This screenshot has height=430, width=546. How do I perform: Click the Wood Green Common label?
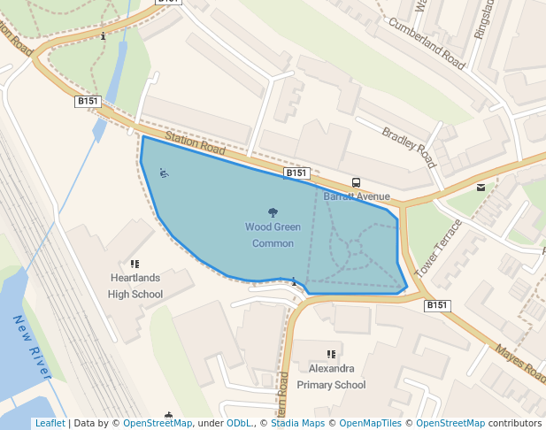pos(273,235)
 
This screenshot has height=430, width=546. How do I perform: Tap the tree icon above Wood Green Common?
pos(273,211)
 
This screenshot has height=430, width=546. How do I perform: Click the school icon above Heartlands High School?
pos(135,264)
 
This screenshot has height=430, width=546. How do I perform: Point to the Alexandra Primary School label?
pos(331,377)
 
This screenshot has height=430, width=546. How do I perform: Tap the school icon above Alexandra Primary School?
pos(332,354)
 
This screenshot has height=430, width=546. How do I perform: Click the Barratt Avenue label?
pos(357,196)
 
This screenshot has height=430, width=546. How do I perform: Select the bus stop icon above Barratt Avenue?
pos(356,182)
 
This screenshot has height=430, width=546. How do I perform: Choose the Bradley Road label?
pos(410,148)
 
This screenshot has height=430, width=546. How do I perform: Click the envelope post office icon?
pos(481,187)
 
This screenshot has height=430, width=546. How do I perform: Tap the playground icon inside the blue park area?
pos(164,173)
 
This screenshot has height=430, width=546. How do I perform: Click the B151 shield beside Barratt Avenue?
pos(296,173)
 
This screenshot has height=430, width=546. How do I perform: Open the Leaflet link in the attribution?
pos(50,424)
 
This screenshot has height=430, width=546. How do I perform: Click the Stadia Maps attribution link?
pos(297,424)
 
